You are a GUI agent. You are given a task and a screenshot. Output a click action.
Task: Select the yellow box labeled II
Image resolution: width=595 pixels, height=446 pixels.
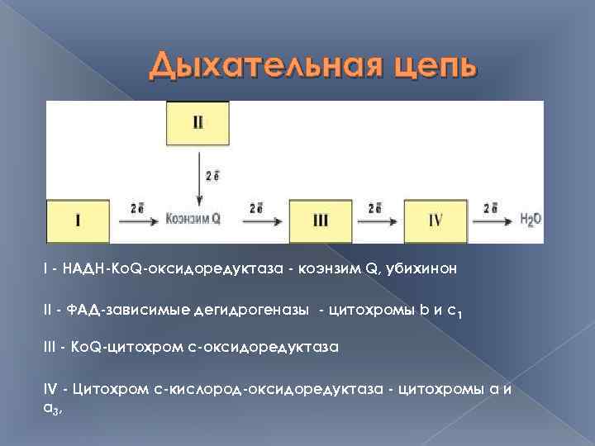[x=198, y=123]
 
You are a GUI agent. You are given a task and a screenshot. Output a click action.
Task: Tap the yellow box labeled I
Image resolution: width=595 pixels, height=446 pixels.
[x=78, y=221]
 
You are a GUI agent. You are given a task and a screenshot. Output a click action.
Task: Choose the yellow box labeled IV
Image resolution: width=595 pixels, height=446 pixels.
[x=436, y=221]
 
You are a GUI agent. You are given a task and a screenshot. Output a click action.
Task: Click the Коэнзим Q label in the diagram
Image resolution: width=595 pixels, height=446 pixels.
[x=193, y=220]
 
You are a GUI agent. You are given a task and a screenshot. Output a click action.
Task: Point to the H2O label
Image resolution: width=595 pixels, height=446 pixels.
[x=531, y=221]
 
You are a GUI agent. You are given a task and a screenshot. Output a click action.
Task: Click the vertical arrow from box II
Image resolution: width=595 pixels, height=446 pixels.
[x=198, y=187]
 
